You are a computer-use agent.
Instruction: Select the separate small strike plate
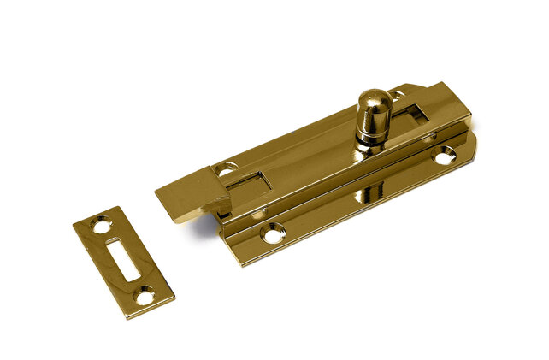pos(123,262)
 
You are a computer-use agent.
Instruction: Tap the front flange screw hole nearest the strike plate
pos(274,231)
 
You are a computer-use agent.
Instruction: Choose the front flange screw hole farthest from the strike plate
pos(444,156)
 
